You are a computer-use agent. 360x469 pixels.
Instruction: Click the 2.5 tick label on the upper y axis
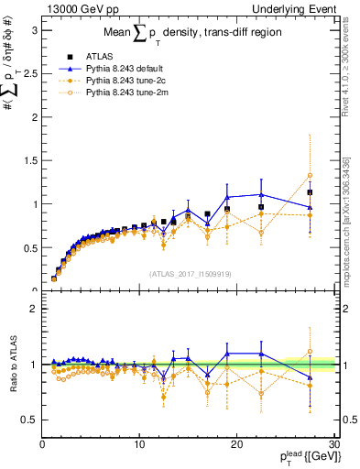[x=29, y=73]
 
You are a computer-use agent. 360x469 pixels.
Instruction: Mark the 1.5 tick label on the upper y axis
[x=29, y=160]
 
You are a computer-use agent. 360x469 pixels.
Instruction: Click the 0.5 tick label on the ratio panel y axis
[x=29, y=420]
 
